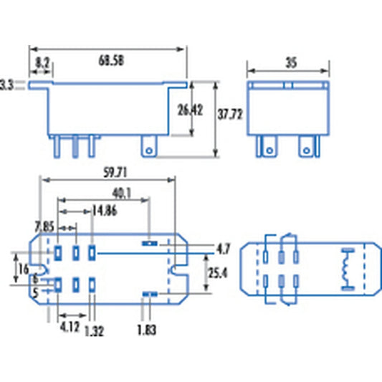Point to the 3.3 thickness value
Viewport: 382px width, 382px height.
point(7,85)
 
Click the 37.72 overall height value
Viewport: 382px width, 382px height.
point(230,113)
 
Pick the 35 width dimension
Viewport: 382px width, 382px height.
point(290,63)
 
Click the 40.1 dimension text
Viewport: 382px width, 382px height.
point(120,194)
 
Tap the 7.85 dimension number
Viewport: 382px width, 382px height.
point(44,226)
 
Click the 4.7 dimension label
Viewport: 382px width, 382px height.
point(223,249)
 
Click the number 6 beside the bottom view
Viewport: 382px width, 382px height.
point(36,279)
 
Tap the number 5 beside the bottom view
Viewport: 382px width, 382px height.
point(36,292)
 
